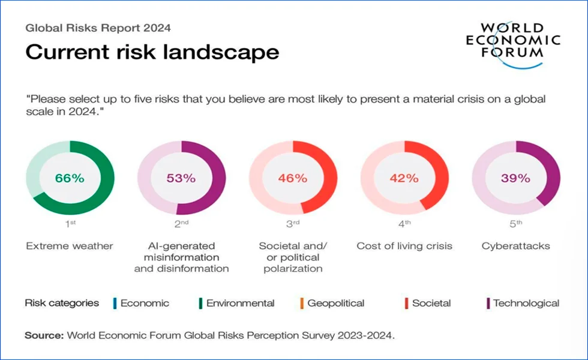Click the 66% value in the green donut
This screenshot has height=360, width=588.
pyautogui.click(x=70, y=178)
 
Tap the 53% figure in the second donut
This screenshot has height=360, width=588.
pyautogui.click(x=181, y=178)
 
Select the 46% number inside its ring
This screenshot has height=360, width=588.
pyautogui.click(x=292, y=178)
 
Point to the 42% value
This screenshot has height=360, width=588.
pyautogui.click(x=404, y=178)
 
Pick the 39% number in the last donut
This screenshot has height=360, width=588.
pyautogui.click(x=515, y=178)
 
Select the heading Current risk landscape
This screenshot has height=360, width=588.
pyautogui.click(x=152, y=53)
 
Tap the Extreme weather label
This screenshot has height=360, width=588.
pyautogui.click(x=70, y=246)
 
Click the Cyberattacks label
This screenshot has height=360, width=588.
pyautogui.click(x=515, y=246)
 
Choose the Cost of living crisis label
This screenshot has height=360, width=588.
pyautogui.click(x=404, y=246)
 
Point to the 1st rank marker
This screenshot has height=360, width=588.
pyautogui.click(x=70, y=224)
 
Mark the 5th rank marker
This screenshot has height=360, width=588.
pyautogui.click(x=515, y=224)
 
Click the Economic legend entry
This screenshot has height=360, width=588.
pyautogui.click(x=145, y=304)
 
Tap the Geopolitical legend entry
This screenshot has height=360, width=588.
pyautogui.click(x=335, y=304)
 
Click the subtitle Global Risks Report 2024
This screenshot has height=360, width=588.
pyautogui.click(x=98, y=28)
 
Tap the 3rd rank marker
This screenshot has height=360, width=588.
pyautogui.click(x=293, y=224)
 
